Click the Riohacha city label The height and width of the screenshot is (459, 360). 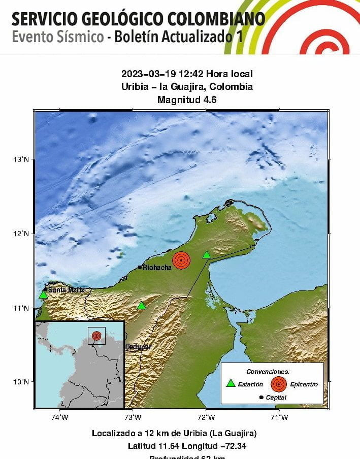coord(157,268)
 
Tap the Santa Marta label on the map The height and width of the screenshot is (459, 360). coord(66,290)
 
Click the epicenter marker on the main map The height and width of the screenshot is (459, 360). coord(181,260)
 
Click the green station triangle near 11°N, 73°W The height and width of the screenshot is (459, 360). coord(141,306)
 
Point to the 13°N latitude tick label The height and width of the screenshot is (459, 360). coord(21,160)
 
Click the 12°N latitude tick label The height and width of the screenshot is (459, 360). coord(21,234)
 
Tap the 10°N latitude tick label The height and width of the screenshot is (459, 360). coord(21,382)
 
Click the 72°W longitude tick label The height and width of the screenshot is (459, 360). coord(206,418)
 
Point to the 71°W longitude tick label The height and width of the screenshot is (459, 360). coord(279,418)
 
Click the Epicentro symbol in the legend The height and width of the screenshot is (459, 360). coord(278,384)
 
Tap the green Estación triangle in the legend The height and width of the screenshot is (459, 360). coord(231,384)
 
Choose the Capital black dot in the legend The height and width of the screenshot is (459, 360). coord(261,398)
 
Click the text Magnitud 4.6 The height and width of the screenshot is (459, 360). coord(187,100)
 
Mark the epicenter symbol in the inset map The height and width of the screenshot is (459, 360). coord(96,336)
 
